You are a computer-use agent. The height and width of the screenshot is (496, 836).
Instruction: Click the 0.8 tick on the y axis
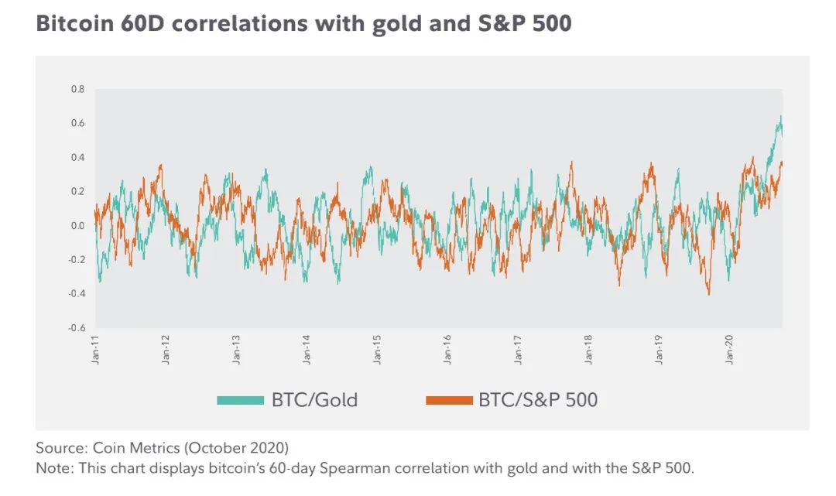click(78, 89)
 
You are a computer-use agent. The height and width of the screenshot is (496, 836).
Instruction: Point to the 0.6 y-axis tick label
click(78, 123)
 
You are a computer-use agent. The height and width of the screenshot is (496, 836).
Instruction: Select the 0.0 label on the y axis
click(78, 226)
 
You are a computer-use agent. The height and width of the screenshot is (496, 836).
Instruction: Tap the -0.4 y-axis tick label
click(77, 294)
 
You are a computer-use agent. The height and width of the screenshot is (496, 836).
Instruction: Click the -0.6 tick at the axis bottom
click(77, 328)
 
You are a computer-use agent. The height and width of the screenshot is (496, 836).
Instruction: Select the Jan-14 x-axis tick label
click(307, 350)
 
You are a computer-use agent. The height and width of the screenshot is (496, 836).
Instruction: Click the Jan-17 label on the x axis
click(519, 350)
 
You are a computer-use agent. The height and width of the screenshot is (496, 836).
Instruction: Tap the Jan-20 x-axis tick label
click(730, 350)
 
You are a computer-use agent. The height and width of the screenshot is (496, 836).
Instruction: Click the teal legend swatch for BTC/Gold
click(241, 400)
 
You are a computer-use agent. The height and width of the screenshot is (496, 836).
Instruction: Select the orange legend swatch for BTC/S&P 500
click(448, 400)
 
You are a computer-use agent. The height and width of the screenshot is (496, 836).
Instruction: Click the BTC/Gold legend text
click(314, 400)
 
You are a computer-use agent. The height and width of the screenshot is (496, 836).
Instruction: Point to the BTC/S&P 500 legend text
click(538, 400)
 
